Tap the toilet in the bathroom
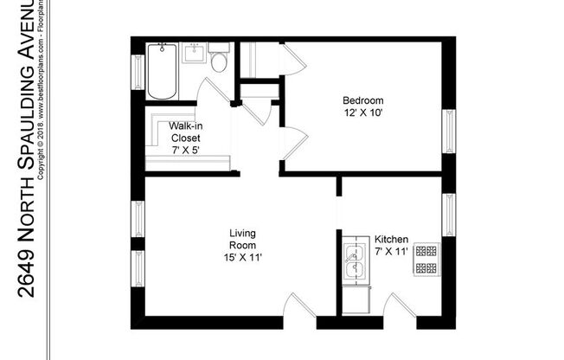click(x=219, y=61)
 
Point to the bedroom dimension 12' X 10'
click(x=363, y=112)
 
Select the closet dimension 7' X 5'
click(x=186, y=150)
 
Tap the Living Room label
click(x=242, y=239)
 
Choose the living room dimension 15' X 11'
click(x=242, y=257)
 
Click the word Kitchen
click(x=391, y=239)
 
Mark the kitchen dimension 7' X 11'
click(x=391, y=252)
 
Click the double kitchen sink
click(x=355, y=263)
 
